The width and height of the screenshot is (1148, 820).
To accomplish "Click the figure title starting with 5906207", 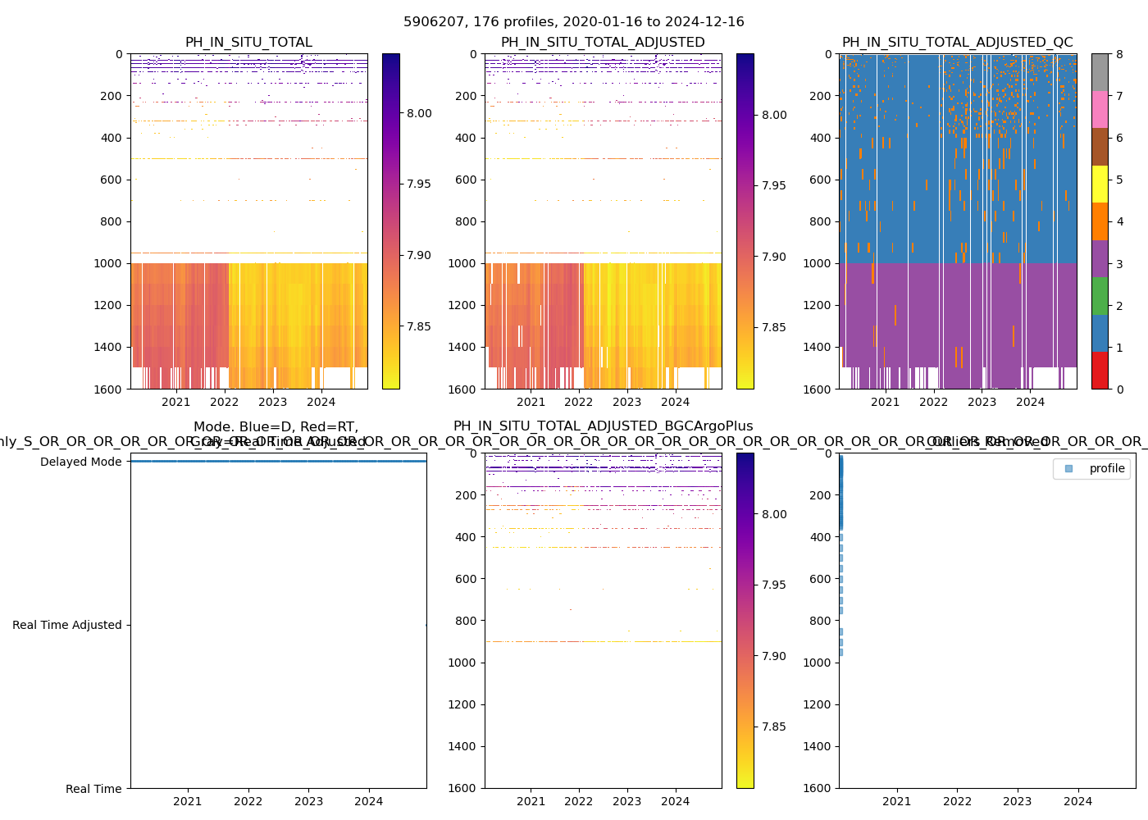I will click(573, 22).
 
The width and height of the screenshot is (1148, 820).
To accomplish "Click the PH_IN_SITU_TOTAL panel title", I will click(248, 43).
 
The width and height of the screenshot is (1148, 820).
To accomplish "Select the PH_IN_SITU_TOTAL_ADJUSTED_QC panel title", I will click(957, 43).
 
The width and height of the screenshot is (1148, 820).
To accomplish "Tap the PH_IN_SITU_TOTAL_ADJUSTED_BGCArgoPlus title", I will click(603, 426).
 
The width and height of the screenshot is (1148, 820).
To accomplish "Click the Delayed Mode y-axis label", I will click(80, 462).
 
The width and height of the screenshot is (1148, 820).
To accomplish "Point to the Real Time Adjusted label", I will click(66, 625).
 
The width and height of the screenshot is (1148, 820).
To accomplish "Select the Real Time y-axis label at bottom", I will click(93, 789).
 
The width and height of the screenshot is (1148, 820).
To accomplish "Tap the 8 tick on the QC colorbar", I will click(1118, 54).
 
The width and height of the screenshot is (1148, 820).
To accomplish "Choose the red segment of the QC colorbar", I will click(1100, 371).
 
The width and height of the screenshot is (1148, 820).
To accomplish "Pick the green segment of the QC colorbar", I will click(1100, 296).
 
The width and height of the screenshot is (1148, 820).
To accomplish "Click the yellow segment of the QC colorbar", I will click(1100, 184).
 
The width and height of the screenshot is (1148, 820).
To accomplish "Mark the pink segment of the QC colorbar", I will click(1100, 110).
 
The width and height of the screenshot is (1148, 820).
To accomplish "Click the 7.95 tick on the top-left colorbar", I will click(419, 184).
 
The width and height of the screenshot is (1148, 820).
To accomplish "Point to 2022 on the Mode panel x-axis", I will click(248, 801).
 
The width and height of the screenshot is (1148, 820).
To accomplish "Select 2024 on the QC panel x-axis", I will click(1030, 402).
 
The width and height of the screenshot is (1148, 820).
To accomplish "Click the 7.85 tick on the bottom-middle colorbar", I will click(774, 727).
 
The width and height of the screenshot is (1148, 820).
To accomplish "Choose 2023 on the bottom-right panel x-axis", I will click(1018, 801).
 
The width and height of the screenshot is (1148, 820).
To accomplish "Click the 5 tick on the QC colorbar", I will click(1118, 180).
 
